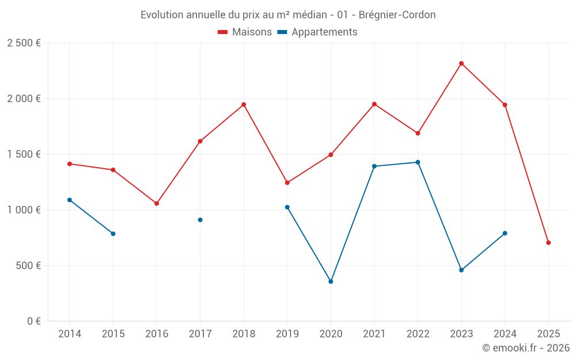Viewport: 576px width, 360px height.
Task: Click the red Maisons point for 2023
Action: [x=461, y=63]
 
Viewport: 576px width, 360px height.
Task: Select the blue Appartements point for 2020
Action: [x=331, y=282]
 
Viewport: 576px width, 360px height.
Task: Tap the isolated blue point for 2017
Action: [x=200, y=220]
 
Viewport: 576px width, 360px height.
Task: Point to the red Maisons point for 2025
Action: [x=548, y=242]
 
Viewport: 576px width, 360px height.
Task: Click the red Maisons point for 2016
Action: [x=157, y=203]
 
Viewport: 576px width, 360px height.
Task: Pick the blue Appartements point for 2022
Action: [x=418, y=162]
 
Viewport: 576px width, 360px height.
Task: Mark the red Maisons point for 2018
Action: [x=244, y=105]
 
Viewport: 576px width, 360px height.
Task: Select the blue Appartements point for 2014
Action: [x=70, y=200]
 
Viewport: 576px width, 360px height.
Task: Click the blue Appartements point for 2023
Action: [x=461, y=270]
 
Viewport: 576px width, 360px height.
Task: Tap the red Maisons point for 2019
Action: [x=287, y=183]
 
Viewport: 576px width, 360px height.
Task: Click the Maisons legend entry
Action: [x=245, y=32]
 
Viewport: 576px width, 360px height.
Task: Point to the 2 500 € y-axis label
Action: [x=24, y=43]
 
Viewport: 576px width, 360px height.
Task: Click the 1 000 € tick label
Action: [x=24, y=210]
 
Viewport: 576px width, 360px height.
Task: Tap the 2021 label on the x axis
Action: [x=374, y=334]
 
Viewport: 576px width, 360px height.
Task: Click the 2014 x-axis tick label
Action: [x=70, y=334]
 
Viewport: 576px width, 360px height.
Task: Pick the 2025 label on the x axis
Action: [x=548, y=334]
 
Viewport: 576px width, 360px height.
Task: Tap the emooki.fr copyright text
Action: [x=526, y=348]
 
